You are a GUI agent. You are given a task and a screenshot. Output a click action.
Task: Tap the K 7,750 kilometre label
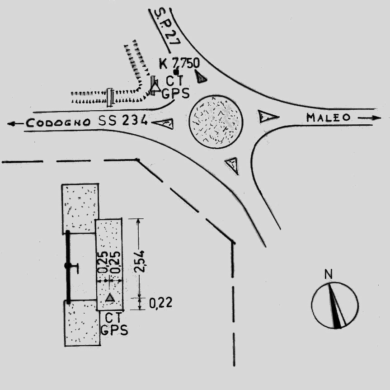179,63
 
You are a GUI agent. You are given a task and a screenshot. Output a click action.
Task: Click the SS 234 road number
123,121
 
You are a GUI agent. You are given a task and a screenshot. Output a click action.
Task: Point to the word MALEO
329,117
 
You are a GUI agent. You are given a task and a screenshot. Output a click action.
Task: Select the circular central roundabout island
216,122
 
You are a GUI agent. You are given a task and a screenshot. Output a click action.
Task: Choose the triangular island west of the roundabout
164,122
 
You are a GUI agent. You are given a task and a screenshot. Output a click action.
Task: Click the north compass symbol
335,304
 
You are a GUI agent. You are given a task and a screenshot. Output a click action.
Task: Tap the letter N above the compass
329,274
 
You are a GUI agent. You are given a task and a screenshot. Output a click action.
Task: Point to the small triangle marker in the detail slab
110,297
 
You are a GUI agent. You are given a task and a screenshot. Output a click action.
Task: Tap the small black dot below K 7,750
176,72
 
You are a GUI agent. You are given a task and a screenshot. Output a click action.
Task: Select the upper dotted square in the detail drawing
80,207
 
